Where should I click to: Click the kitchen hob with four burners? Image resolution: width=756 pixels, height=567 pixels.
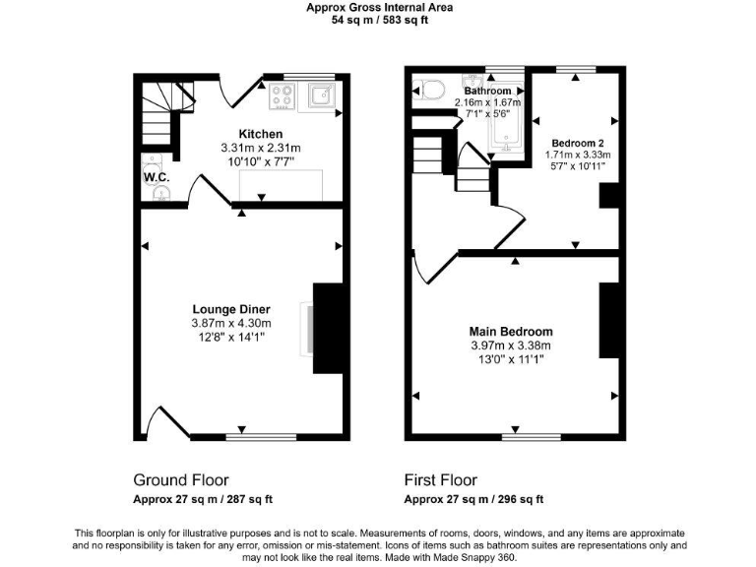[x=283, y=95]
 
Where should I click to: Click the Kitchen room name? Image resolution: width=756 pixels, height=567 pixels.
[x=260, y=134]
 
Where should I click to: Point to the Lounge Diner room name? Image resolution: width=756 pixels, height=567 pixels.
[x=230, y=310]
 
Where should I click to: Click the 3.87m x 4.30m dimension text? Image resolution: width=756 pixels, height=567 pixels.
[x=230, y=324]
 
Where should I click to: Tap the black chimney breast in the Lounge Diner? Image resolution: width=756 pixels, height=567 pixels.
[x=328, y=328]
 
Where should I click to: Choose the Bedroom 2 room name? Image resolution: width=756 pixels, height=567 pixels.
[x=578, y=141]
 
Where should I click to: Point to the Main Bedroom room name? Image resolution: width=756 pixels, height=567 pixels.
[x=511, y=332]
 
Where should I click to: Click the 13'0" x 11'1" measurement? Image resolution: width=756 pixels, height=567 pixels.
[x=511, y=359]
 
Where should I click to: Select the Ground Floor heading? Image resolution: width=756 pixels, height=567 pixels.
[x=181, y=480]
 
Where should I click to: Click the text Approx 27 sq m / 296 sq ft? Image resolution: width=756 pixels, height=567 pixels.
[x=473, y=499]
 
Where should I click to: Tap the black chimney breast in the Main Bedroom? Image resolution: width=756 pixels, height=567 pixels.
[x=607, y=320]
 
